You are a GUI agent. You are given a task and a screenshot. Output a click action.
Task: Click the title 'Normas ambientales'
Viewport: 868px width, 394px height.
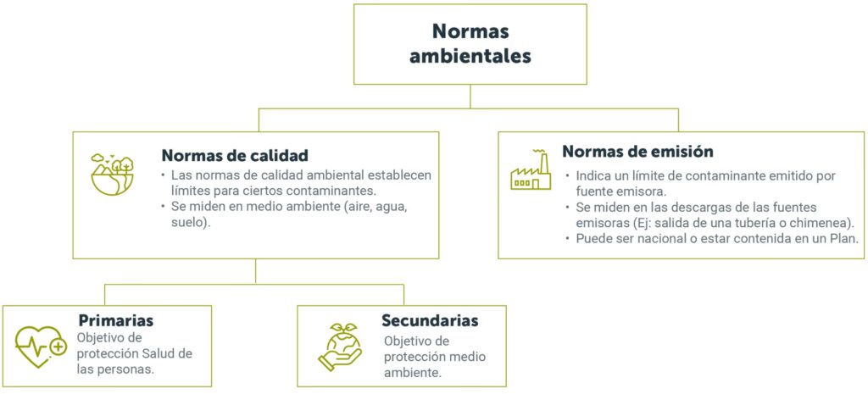point(470,44)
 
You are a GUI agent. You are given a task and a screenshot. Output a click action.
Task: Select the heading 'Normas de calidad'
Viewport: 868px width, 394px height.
point(234,156)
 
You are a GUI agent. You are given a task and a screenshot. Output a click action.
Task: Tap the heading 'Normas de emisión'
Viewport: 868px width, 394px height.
point(637,152)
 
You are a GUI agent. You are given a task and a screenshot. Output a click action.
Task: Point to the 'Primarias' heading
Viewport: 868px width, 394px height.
point(115,320)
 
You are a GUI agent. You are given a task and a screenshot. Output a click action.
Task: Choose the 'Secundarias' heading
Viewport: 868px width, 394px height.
point(430,320)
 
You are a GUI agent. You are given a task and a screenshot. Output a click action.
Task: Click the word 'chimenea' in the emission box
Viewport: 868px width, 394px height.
point(821,222)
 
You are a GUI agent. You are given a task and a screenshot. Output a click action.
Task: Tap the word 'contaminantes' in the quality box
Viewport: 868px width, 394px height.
point(319,191)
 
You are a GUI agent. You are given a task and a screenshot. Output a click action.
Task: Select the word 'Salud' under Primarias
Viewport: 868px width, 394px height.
point(159,352)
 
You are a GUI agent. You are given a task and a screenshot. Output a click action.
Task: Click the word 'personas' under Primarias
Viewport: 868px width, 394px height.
point(126,369)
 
